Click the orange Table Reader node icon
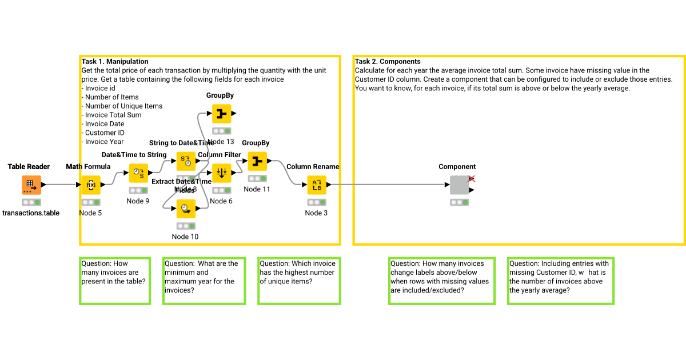pyautogui.click(x=31, y=185)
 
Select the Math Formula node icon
pyautogui.click(x=90, y=185)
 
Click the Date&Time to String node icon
pyautogui.click(x=138, y=173)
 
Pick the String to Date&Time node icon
pyautogui.click(x=186, y=161)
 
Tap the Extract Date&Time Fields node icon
pyautogui.click(x=186, y=209)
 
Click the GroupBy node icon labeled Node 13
pyautogui.click(x=221, y=114)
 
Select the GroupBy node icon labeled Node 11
pyautogui.click(x=257, y=162)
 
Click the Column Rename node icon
pyautogui.click(x=317, y=185)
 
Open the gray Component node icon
pyautogui.click(x=459, y=185)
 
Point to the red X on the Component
pyautogui.click(x=472, y=179)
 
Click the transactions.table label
pyautogui.click(x=31, y=213)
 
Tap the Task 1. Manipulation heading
pyautogui.click(x=115, y=62)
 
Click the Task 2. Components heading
pyautogui.click(x=388, y=62)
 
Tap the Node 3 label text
pyautogui.click(x=317, y=213)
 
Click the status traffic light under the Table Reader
pyautogui.click(x=31, y=202)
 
